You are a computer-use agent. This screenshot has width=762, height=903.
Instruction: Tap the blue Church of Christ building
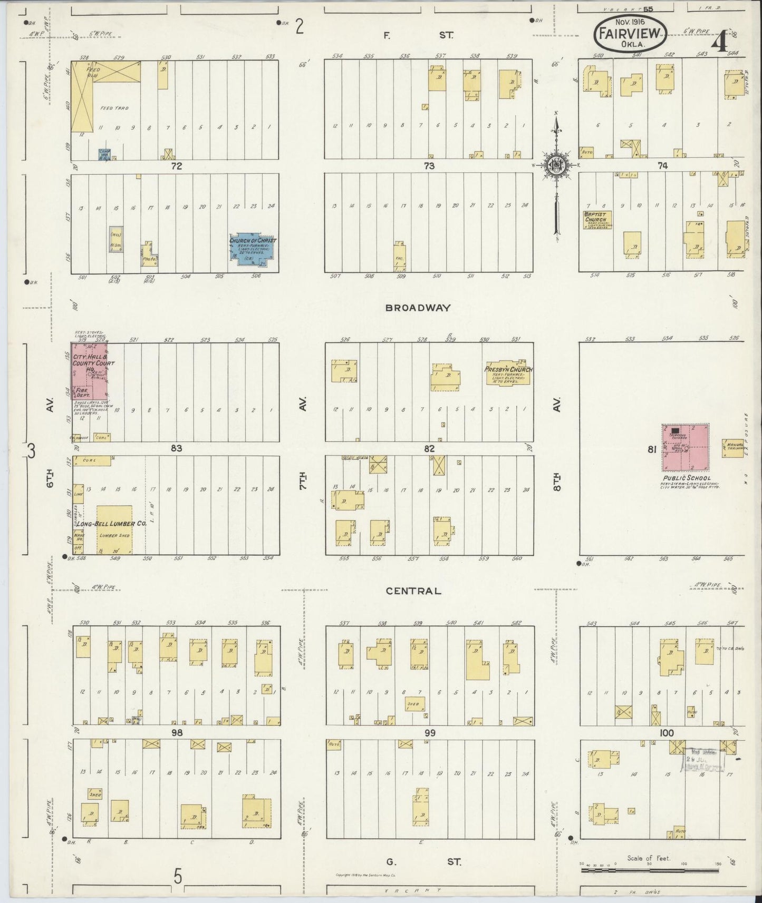tap(252, 248)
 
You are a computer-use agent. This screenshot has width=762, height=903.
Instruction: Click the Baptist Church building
tap(595, 220)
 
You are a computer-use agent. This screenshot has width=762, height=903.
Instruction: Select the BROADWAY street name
tap(418, 308)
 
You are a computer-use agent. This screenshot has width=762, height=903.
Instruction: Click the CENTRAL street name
tap(413, 591)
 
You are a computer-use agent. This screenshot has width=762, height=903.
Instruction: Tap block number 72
tap(176, 166)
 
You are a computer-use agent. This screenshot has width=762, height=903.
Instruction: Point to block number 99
tap(430, 733)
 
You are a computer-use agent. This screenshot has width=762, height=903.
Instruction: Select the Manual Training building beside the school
tap(733, 448)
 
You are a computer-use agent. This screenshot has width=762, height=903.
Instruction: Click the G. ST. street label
tap(423, 862)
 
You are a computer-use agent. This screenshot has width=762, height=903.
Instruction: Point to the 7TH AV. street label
tap(303, 445)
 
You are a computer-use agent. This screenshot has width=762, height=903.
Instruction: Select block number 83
tap(176, 448)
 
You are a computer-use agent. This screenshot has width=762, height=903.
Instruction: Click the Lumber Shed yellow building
tap(114, 529)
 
